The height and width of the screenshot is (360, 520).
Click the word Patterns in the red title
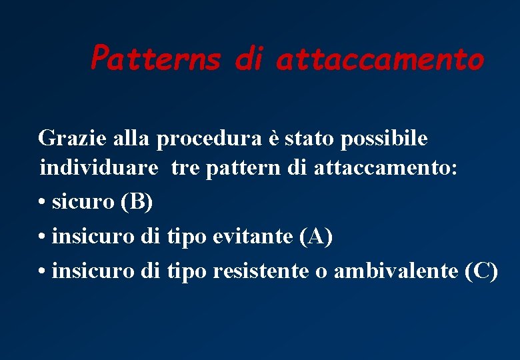pyautogui.click(x=155, y=59)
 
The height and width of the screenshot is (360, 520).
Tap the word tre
pyautogui.click(x=185, y=168)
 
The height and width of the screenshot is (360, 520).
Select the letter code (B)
pyautogui.click(x=136, y=201)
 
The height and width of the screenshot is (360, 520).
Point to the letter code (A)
pyautogui.click(x=315, y=236)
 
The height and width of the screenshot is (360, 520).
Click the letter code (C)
pyautogui.click(x=481, y=271)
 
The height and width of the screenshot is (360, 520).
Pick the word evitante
pyautogui.click(x=255, y=236)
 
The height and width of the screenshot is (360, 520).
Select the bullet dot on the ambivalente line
pyautogui.click(x=42, y=272)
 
